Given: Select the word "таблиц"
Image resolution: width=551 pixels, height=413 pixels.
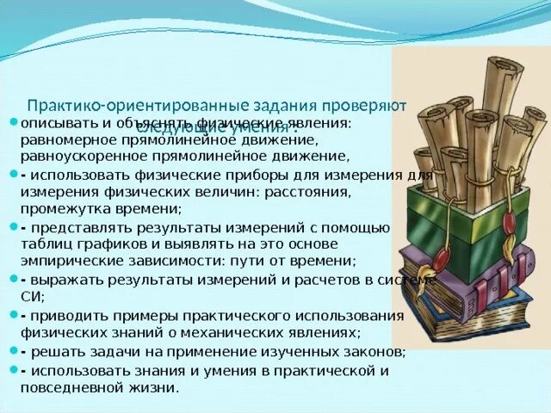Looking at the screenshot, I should click(x=44, y=243).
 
